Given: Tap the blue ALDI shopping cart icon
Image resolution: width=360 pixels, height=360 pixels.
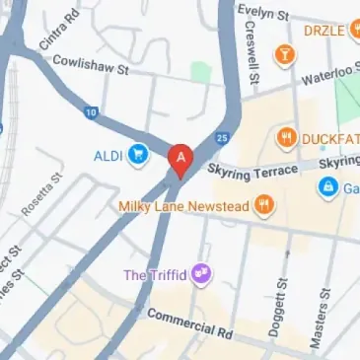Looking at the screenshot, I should tap(138, 155).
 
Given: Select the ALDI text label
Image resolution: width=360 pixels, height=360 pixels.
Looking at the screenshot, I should tap(108, 155).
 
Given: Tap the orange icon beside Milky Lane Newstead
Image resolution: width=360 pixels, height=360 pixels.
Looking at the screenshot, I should tap(263, 205).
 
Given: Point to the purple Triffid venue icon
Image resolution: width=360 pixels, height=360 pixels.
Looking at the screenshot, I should tap(202, 272).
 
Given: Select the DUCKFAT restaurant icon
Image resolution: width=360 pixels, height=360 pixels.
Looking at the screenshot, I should tap(287, 137).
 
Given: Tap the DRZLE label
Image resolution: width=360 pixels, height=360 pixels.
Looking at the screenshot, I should tap(324, 31).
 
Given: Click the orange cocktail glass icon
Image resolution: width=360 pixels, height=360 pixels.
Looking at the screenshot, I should tap(286, 54).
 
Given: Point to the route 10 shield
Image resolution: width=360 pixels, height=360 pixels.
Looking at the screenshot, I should tap(91, 112).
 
